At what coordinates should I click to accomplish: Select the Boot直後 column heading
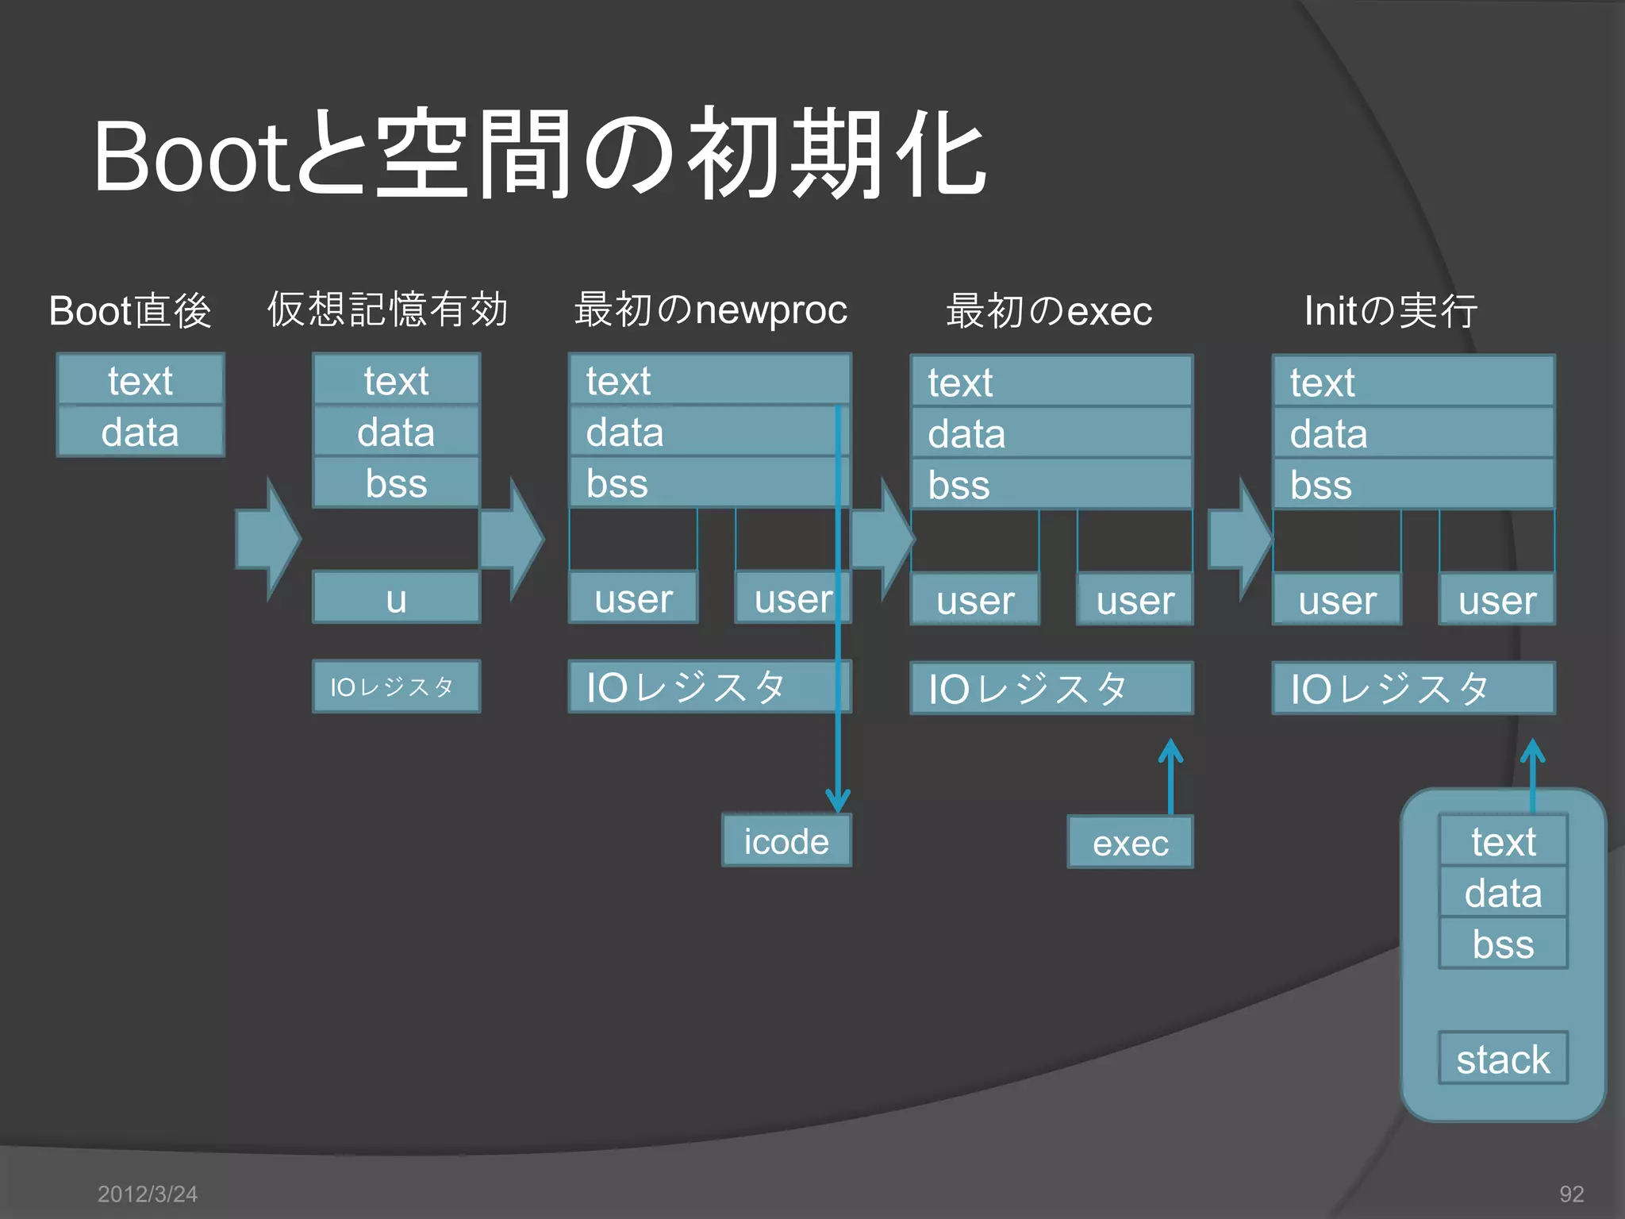tap(130, 310)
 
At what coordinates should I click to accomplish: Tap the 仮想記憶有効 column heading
tap(387, 310)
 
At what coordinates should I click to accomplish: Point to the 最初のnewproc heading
tap(710, 310)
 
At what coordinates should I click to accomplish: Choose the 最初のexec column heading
tap(1049, 310)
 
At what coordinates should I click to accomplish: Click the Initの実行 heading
tap(1390, 310)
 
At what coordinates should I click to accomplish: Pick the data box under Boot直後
tap(140, 433)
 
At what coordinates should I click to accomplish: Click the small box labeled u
tap(396, 598)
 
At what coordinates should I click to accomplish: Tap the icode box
tap(786, 841)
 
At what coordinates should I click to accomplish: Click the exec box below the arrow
tap(1130, 843)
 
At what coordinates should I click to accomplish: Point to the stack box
tap(1503, 1059)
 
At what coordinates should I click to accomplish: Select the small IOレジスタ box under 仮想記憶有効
tap(396, 686)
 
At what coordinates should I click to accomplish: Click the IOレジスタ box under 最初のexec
tap(1051, 688)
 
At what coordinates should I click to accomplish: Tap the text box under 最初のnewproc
tap(709, 381)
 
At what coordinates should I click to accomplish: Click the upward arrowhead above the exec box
tap(1170, 751)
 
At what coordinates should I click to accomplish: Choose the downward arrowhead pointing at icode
tap(838, 800)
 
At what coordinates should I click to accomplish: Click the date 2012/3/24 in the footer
tap(148, 1194)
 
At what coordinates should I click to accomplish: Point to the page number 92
tap(1571, 1194)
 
